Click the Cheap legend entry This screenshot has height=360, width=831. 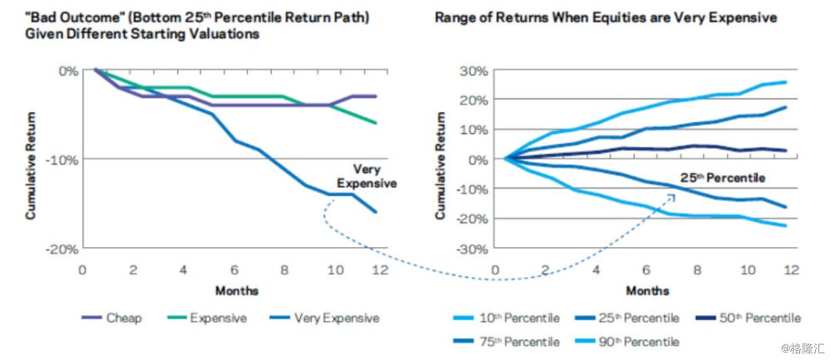pos(112,318)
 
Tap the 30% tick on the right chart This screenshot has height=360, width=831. pos(475,71)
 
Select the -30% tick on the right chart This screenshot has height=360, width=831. pos(473,249)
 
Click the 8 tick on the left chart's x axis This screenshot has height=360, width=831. pos(284,270)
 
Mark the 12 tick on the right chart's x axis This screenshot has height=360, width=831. pos(791,270)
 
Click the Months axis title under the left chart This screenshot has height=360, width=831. pos(237,290)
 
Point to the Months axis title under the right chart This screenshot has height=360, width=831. pos(647,291)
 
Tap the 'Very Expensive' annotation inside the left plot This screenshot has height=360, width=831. pos(366,176)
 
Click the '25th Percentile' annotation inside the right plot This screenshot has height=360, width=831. pos(723,179)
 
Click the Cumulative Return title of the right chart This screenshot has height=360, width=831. pos(440,165)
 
